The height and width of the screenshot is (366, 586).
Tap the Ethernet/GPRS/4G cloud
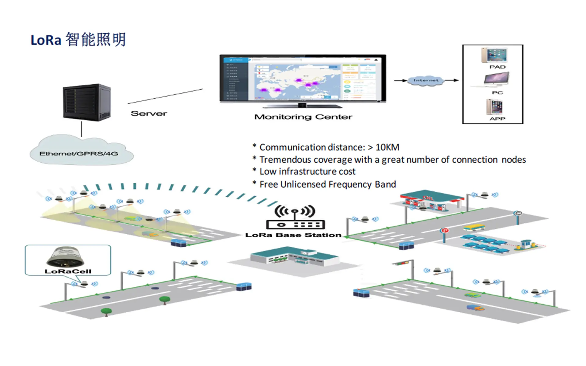click(81, 152)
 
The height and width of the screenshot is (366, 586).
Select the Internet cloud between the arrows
click(425, 81)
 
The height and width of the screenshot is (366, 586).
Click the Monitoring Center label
click(303, 117)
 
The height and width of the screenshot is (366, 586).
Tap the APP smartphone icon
click(494, 106)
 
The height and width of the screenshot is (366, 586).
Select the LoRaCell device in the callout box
click(65, 257)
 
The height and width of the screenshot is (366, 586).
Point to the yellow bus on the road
click(474, 227)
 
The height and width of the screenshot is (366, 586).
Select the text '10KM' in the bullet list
click(387, 147)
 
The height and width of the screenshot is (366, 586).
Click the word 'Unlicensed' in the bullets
click(303, 185)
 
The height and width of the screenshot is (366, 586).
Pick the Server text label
click(149, 113)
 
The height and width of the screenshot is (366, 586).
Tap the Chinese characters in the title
click(96, 40)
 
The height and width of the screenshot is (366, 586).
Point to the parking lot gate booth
click(525, 244)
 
